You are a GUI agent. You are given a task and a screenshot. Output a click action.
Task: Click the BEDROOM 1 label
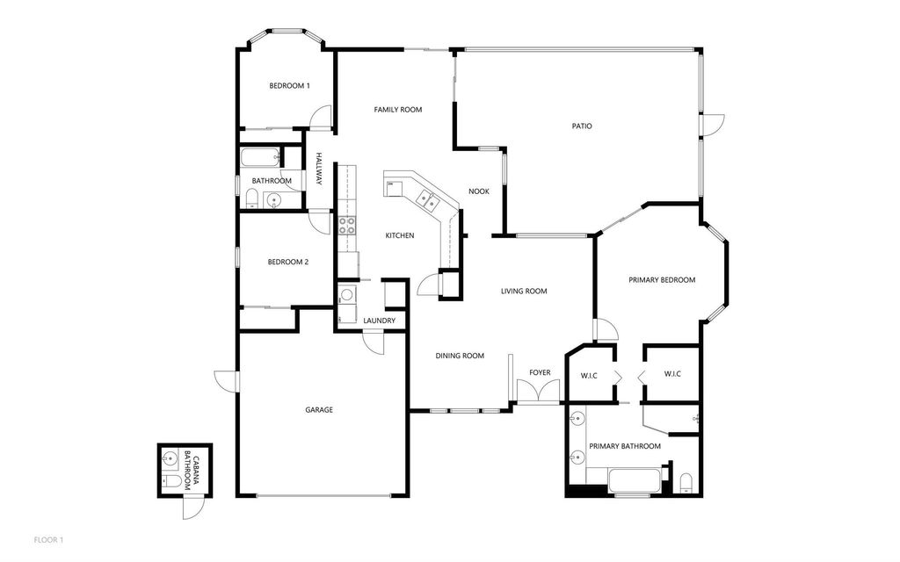tap(289, 85)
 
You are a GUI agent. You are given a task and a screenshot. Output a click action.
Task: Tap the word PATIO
tap(582, 126)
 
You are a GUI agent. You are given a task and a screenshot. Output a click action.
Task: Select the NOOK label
tap(478, 191)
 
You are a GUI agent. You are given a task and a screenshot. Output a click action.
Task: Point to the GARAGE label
tap(319, 409)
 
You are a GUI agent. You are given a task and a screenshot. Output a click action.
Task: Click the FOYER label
tap(540, 373)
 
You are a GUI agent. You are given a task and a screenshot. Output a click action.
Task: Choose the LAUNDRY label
tap(379, 321)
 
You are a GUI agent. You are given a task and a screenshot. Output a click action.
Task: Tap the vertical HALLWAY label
tap(320, 169)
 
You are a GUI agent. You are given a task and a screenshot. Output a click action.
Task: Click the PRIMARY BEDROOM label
tap(662, 280)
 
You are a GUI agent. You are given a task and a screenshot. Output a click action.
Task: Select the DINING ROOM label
tap(461, 356)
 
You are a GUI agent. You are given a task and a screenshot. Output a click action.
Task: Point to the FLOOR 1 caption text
tap(48, 538)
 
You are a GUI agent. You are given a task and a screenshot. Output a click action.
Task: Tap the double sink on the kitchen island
tap(429, 200)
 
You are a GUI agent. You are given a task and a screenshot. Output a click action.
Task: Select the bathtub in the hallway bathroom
tap(260, 158)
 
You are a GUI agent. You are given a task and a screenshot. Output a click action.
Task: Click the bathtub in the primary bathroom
tap(635, 481)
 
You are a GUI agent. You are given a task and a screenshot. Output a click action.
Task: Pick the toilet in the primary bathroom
tap(687, 482)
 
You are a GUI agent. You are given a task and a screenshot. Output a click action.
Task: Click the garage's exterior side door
tap(223, 381)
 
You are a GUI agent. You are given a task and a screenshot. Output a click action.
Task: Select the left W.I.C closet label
tap(589, 375)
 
